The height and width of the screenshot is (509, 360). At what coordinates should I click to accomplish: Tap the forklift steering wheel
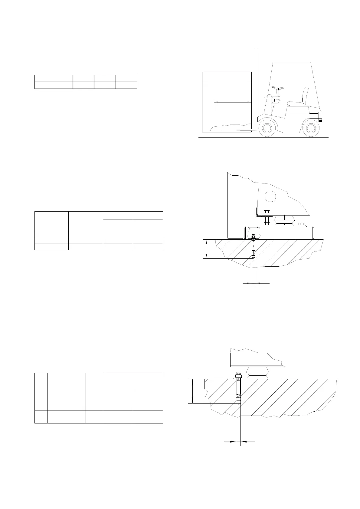(x=278, y=88)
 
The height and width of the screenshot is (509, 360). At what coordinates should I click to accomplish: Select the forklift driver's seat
(x=299, y=100)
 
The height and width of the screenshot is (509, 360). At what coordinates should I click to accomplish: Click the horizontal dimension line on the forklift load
(x=232, y=102)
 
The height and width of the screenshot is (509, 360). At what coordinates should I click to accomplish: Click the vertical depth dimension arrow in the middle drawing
(x=206, y=249)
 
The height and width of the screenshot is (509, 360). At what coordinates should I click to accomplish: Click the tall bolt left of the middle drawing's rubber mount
(x=267, y=218)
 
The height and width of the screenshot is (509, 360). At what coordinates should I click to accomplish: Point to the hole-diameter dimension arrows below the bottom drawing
(x=238, y=442)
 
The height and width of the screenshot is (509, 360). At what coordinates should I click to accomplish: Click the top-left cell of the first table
(x=54, y=78)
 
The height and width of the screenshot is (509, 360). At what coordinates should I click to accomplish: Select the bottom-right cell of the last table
(x=148, y=417)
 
